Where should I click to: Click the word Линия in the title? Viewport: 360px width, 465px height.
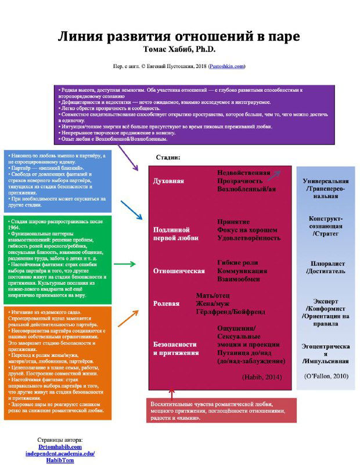coord(81,37)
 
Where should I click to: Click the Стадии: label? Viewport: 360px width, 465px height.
coord(168,158)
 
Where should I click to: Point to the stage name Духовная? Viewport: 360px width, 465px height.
coord(168,181)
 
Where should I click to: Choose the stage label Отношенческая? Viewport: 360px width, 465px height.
coord(179,271)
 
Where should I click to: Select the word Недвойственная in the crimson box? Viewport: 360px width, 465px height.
coord(243,173)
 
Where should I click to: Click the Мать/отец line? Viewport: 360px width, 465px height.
coord(213,295)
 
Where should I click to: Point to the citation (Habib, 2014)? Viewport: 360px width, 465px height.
coord(261,377)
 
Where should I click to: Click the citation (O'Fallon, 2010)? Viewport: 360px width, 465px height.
coord(326,376)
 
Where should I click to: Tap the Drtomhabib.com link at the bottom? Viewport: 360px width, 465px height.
coord(60,446)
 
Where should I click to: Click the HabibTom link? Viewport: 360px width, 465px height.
coord(60,460)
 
